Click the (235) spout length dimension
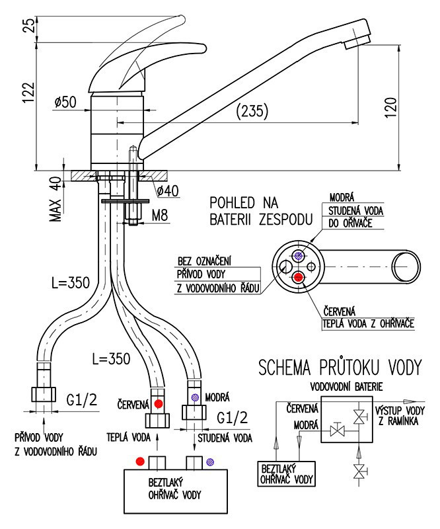252,112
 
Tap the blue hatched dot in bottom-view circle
299,255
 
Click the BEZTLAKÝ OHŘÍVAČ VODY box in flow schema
286,473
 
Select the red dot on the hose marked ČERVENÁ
159,403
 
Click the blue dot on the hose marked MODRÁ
195,398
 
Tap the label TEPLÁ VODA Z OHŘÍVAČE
367,324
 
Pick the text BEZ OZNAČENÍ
204,261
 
